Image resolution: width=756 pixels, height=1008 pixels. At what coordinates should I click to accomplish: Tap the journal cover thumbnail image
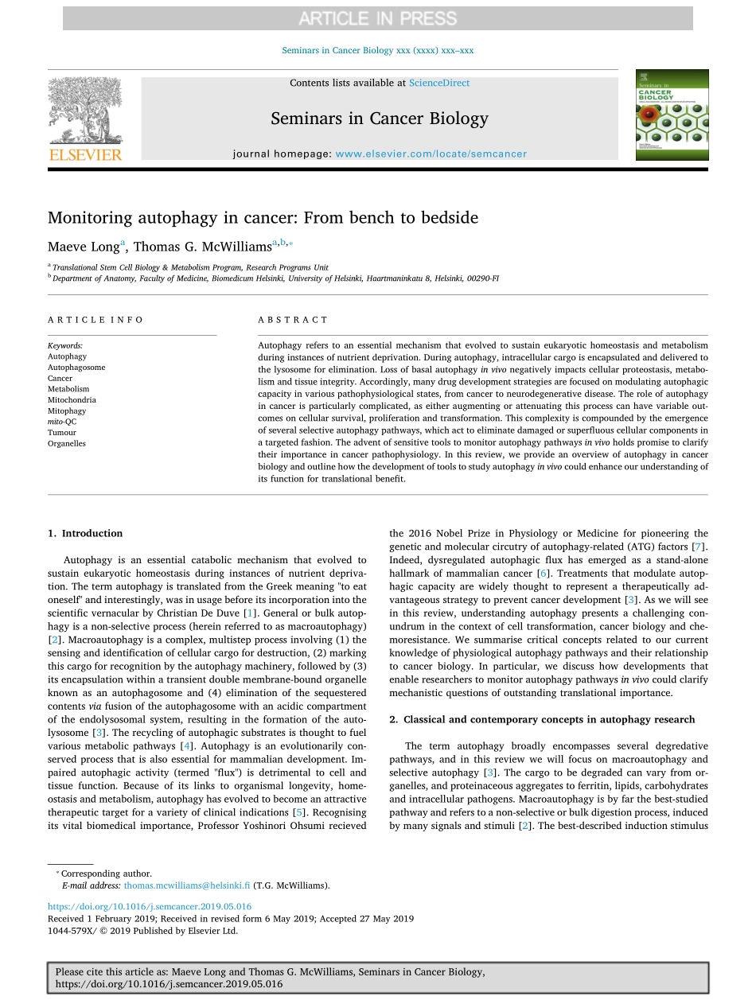coord(672,115)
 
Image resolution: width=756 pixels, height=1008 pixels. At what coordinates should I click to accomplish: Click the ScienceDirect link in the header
coord(439,83)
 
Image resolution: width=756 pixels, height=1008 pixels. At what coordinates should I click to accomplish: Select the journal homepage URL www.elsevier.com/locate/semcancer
coord(431,154)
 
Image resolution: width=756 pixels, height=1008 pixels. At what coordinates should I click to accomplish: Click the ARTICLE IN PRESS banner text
coord(377,18)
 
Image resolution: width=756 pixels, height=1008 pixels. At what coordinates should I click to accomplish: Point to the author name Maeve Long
coord(83,247)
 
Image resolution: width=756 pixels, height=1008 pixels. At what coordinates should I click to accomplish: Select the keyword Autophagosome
coord(76,368)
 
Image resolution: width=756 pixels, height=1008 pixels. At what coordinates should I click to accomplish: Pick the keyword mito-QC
coord(62,422)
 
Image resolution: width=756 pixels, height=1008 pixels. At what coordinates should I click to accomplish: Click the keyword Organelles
coord(67,443)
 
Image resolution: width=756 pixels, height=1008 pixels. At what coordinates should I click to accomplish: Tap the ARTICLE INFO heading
coord(95,320)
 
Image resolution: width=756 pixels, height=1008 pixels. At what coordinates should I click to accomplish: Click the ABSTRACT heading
coord(293,320)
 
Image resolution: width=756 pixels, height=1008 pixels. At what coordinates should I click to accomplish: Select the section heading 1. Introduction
coord(85,533)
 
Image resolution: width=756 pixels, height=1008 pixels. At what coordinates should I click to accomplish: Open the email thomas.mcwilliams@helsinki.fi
coord(187,885)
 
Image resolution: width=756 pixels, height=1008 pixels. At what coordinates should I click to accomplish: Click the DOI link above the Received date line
coord(150,906)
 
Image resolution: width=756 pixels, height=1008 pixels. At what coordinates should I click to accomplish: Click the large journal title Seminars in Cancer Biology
coord(380,119)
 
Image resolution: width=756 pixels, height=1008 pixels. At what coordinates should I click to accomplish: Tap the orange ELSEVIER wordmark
coord(85,154)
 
